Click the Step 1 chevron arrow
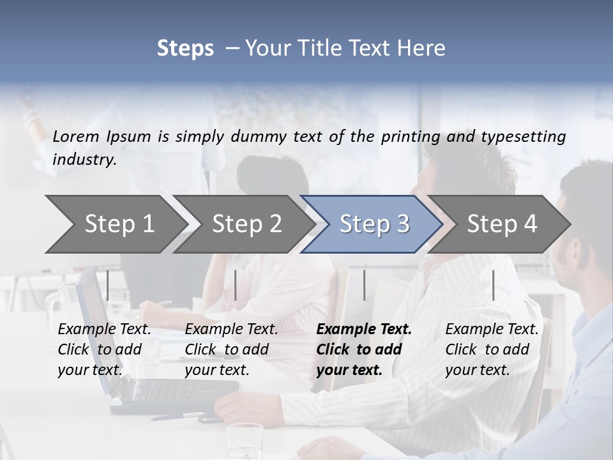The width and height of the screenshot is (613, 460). (119, 224)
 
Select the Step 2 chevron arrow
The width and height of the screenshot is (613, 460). (246, 224)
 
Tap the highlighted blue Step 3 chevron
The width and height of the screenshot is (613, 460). (374, 224)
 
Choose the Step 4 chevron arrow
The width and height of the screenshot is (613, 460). (502, 224)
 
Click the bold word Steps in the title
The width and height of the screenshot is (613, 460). (185, 49)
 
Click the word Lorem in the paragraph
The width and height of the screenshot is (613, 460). (75, 136)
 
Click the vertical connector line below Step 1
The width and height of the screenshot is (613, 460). (108, 285)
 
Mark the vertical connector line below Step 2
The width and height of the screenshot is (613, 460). (236, 285)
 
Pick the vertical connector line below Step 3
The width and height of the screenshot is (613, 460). (365, 285)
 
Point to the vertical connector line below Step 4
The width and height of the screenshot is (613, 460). (493, 285)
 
